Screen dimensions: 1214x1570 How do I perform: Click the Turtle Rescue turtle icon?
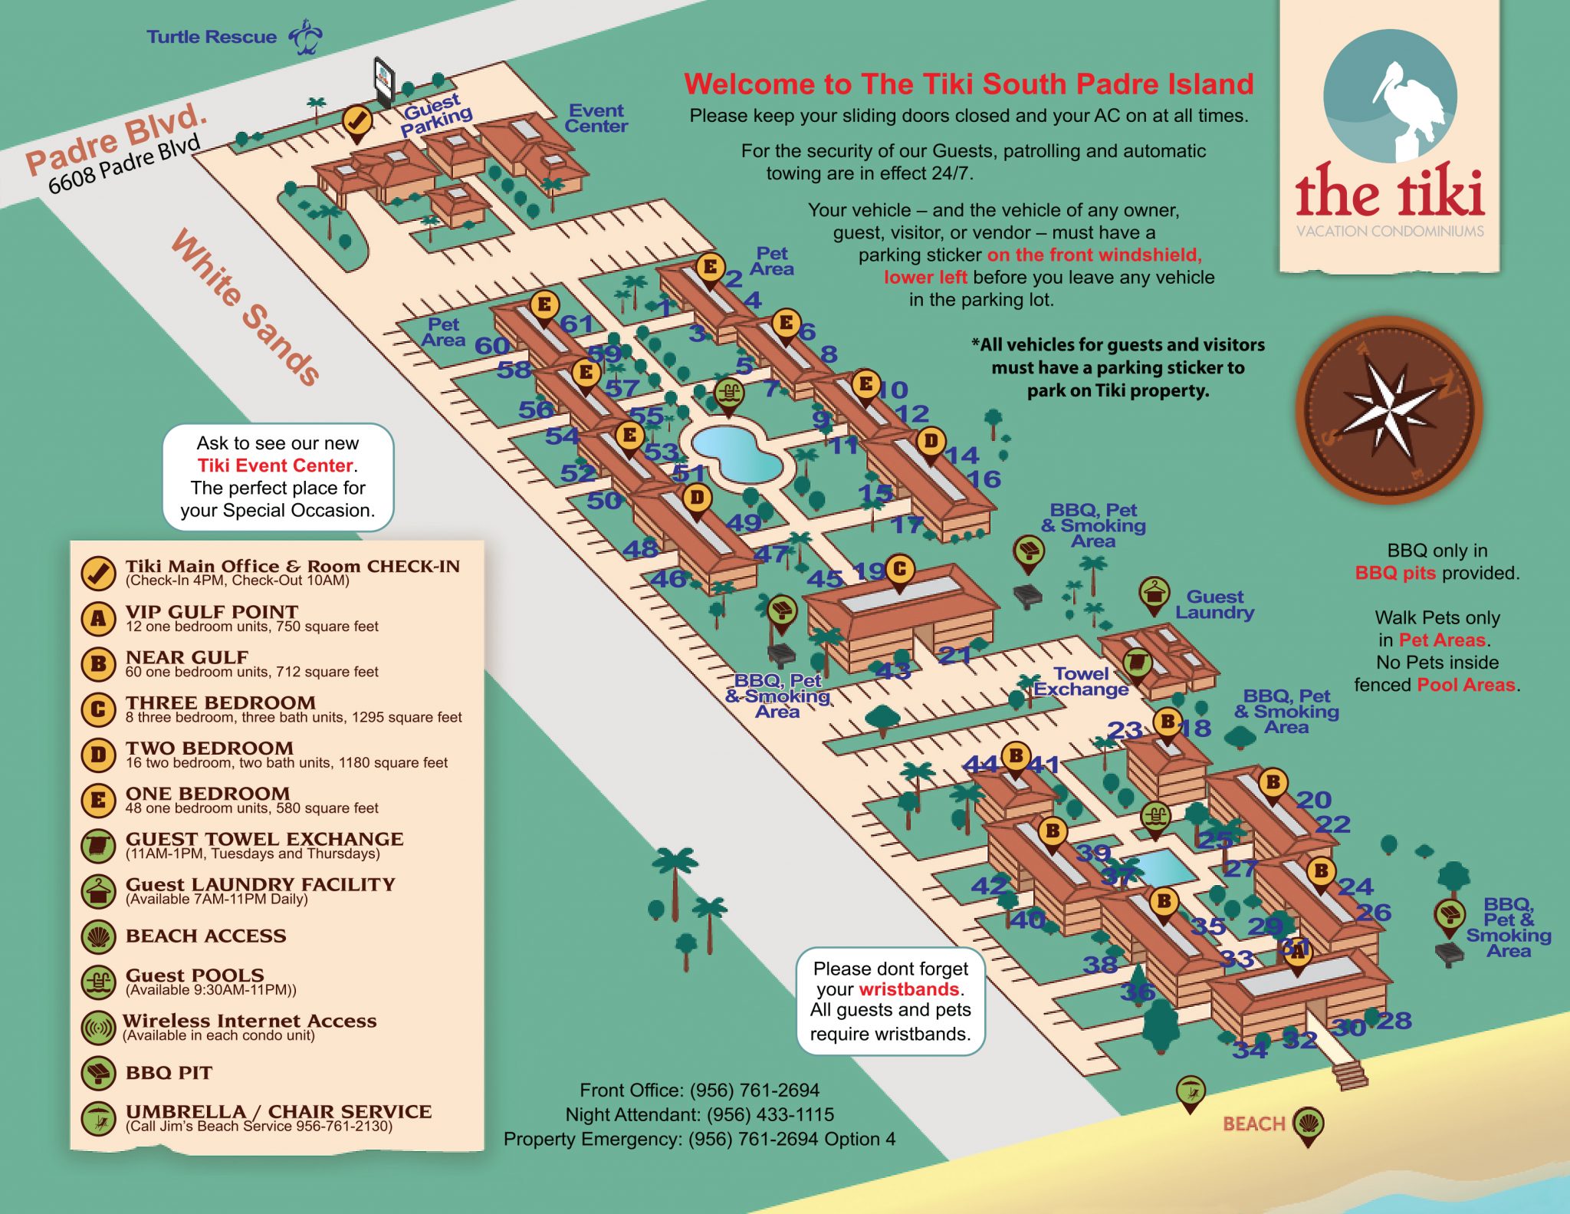306,38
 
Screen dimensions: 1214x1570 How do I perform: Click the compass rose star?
1389,411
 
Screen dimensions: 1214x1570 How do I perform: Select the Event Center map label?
596,119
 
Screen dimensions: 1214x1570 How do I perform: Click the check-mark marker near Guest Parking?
356,121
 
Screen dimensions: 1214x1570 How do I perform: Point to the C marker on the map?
900,570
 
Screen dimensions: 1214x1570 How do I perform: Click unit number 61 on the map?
576,324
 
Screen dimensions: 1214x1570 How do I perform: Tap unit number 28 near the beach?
1394,1021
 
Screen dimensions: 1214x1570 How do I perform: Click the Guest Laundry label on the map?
1214,604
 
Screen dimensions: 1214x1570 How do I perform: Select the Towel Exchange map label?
1081,681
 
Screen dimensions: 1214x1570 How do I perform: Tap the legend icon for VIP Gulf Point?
98,618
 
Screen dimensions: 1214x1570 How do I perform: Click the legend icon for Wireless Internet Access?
98,1028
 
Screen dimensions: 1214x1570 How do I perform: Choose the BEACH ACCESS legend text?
205,936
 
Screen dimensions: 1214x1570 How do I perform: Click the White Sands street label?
245,307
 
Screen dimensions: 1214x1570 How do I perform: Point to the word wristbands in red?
909,989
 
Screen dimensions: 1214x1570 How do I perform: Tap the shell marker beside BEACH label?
1308,1124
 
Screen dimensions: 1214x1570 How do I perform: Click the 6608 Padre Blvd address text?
124,163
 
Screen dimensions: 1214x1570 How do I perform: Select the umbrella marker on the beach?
1190,1091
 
